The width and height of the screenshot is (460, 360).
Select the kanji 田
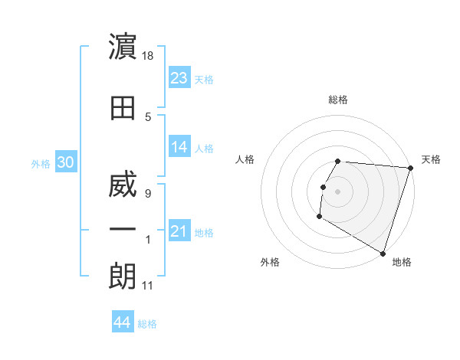[x=123, y=107]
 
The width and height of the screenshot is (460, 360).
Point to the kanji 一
[x=123, y=229]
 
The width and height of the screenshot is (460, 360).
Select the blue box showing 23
[x=179, y=78]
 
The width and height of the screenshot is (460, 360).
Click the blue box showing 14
[x=179, y=147]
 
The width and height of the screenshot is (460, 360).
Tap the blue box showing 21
[x=179, y=231]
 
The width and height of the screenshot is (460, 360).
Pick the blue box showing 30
[x=65, y=162]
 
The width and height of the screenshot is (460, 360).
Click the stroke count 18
[x=149, y=56]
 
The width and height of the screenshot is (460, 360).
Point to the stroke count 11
[x=148, y=286]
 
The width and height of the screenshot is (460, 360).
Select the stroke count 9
[x=148, y=193]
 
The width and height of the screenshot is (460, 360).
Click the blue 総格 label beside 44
[x=147, y=324]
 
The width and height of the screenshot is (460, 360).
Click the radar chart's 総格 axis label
[x=338, y=100]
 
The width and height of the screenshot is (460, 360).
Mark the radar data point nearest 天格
[x=410, y=168]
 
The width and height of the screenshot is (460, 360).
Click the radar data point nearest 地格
[x=382, y=253]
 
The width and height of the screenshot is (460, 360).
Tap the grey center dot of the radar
[x=338, y=191]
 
